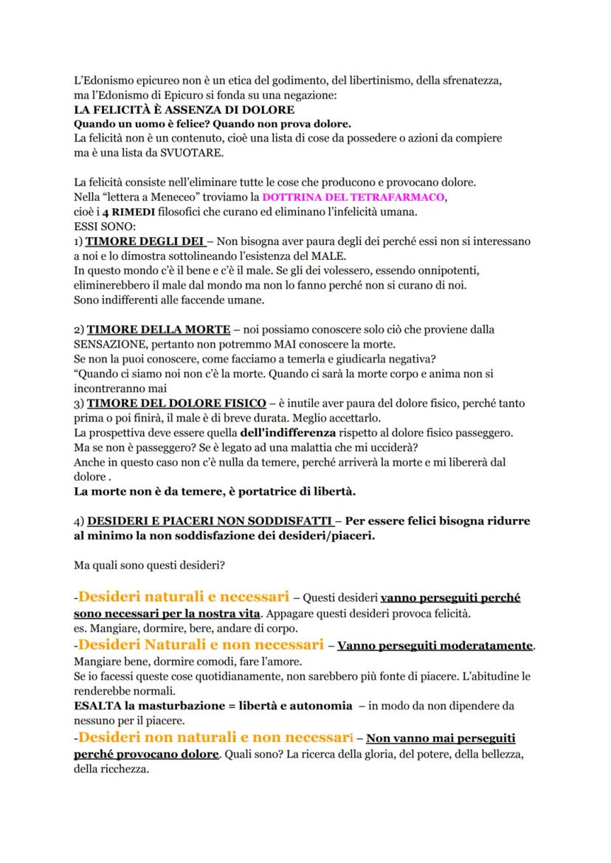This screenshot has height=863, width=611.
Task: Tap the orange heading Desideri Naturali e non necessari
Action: [200, 644]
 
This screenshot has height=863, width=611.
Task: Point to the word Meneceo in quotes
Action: [160, 198]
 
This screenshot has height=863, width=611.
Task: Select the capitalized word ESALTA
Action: [92, 706]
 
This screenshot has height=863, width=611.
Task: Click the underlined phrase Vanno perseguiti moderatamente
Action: [435, 646]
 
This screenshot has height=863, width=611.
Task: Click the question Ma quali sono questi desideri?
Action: [153, 566]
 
